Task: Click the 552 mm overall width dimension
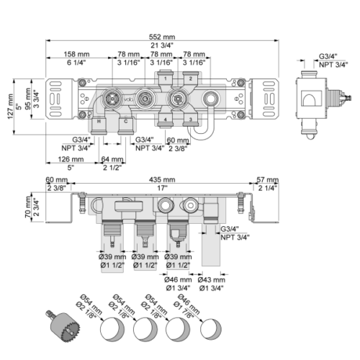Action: [162, 37]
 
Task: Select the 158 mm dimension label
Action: [76, 54]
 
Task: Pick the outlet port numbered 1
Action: [166, 78]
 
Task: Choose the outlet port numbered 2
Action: [191, 78]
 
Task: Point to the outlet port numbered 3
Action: [191, 120]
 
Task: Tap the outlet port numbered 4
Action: [166, 120]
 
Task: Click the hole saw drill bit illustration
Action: [63, 325]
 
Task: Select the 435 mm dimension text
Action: [162, 179]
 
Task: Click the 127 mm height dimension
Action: [10, 107]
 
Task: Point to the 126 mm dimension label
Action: [71, 159]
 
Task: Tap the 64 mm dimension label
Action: [112, 159]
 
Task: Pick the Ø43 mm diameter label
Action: [212, 280]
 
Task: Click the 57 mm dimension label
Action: [268, 179]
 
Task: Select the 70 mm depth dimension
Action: [28, 207]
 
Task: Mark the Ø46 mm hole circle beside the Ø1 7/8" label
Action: [211, 329]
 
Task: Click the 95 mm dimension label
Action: [28, 99]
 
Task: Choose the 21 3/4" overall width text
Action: [162, 45]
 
